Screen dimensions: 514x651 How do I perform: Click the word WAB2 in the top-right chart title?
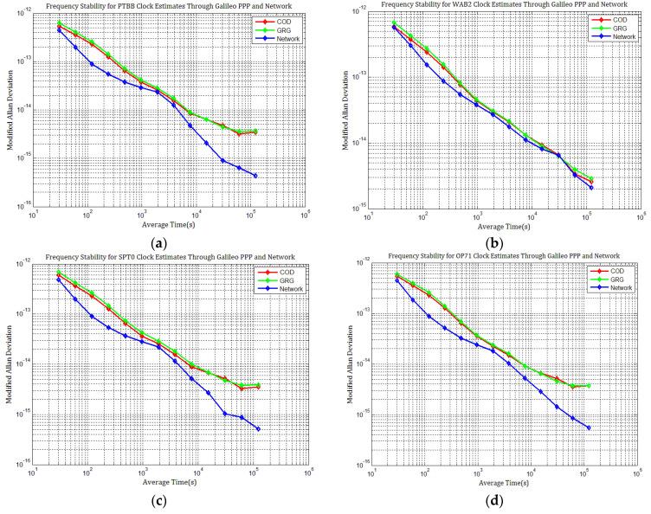454,6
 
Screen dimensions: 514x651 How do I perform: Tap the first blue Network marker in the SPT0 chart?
59,279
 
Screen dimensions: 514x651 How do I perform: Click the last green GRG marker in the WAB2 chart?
591,179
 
